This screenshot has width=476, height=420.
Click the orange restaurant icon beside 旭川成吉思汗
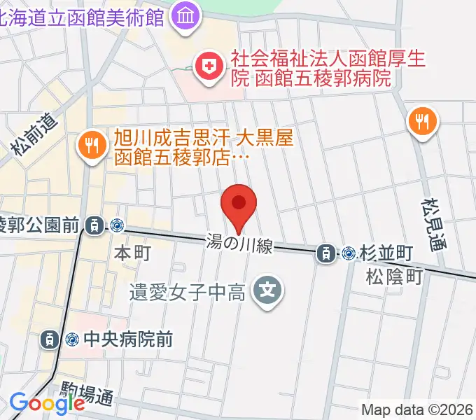click(x=91, y=147)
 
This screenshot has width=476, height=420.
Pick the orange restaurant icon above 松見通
click(x=421, y=122)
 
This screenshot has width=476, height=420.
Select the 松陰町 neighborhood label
click(x=393, y=276)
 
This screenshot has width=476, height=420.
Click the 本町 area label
click(x=132, y=253)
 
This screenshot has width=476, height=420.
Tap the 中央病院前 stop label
click(x=128, y=339)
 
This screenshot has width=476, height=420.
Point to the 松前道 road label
click(x=33, y=134)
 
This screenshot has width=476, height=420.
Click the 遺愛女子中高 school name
click(x=187, y=290)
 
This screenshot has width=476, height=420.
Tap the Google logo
click(x=47, y=402)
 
